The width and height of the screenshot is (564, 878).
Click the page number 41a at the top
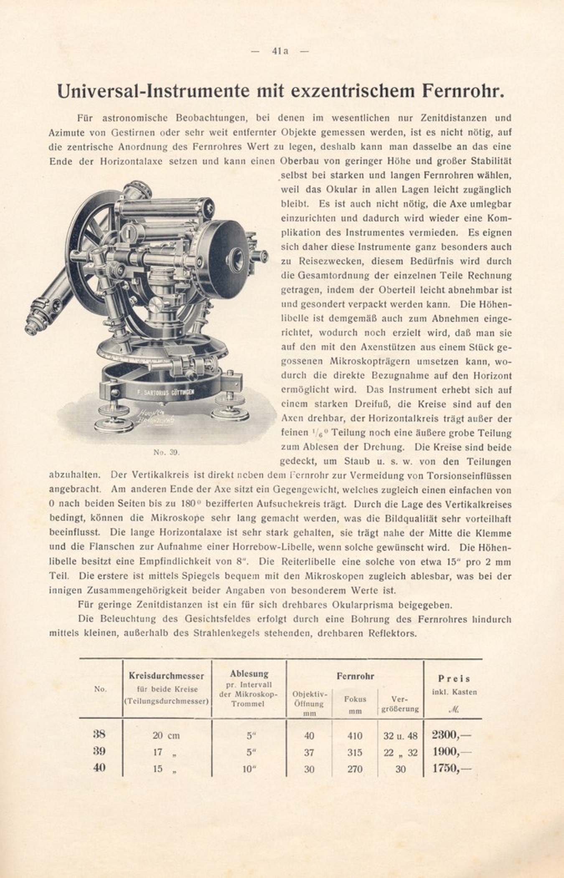tap(279, 51)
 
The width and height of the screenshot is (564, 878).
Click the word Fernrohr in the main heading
tap(462, 91)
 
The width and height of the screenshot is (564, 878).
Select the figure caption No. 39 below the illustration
tap(166, 452)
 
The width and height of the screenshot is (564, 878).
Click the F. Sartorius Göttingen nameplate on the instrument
tap(165, 392)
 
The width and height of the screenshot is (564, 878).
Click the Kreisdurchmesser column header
tap(166, 675)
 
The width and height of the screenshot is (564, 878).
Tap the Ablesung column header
tap(249, 673)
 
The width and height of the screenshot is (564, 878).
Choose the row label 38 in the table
tap(99, 734)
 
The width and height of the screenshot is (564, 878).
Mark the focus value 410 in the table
tap(355, 735)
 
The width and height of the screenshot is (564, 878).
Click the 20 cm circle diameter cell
tap(166, 735)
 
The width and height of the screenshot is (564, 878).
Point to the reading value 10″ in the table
tap(249, 769)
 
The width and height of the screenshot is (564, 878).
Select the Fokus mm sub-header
tap(355, 704)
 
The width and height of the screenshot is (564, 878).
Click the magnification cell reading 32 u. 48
tap(400, 735)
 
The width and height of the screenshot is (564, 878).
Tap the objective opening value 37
tap(309, 752)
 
